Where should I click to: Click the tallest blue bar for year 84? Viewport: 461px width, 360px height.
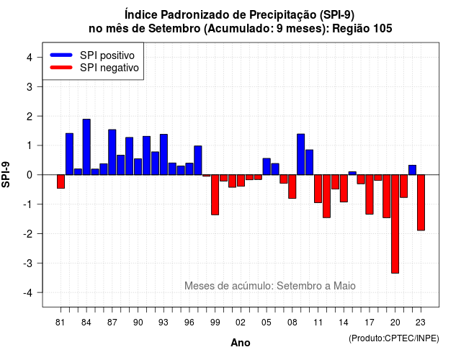[86, 147]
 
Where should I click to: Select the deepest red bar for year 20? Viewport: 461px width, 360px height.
[395, 224]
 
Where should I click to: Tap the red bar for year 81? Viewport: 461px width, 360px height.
[61, 181]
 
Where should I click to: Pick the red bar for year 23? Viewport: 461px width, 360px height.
[421, 202]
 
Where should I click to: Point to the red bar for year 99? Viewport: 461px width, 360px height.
[215, 195]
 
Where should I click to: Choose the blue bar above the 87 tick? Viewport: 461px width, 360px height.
[112, 152]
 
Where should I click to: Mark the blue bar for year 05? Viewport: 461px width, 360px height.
[267, 166]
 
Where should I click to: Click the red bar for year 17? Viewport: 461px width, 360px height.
[370, 194]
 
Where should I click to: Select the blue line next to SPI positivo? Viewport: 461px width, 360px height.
[61, 55]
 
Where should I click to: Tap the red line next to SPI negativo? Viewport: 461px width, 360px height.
[61, 67]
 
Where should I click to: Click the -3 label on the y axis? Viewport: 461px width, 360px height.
[28, 263]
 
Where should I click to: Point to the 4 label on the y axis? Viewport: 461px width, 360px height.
[30, 57]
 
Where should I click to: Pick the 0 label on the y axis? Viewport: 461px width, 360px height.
[30, 175]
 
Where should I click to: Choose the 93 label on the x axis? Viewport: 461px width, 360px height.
[164, 323]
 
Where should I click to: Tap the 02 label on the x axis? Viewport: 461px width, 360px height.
[241, 323]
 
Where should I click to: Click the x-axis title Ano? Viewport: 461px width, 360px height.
[241, 343]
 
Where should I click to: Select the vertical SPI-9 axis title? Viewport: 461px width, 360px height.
[6, 174]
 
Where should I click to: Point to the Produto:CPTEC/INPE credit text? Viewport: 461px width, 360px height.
[394, 338]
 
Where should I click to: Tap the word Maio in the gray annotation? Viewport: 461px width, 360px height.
[344, 286]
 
